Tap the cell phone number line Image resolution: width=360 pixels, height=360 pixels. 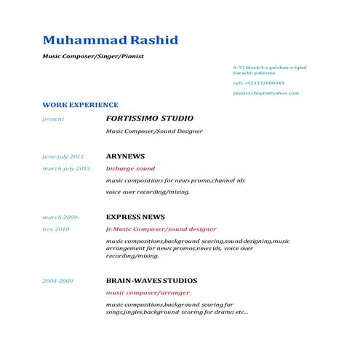[x=258, y=83]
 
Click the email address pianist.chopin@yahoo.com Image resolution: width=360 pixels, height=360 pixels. [x=265, y=93]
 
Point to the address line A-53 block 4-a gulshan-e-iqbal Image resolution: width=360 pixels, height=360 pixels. [x=269, y=67]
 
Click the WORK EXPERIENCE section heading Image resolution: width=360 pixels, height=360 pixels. [x=80, y=105]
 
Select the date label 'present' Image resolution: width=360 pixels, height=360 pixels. [x=53, y=119]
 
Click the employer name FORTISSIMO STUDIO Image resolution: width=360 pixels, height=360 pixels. [x=145, y=118]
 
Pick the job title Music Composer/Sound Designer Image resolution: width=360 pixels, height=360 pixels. [x=153, y=132]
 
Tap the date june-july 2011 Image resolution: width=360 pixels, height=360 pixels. [x=63, y=156]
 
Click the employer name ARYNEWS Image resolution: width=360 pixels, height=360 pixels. [x=125, y=156]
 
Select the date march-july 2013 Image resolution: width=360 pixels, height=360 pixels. [x=66, y=169]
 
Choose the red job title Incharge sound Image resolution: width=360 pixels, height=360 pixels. [x=130, y=169]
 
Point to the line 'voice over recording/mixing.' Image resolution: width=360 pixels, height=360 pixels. [x=148, y=192]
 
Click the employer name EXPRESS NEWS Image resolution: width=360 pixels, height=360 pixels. [x=135, y=217]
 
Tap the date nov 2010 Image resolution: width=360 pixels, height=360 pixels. [x=55, y=229]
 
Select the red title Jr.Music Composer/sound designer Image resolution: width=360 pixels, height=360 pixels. [x=161, y=229]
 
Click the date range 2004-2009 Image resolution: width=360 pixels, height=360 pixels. [x=57, y=280]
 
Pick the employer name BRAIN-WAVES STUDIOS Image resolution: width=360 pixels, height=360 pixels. [x=151, y=280]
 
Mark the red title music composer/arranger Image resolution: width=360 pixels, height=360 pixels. [x=148, y=292]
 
